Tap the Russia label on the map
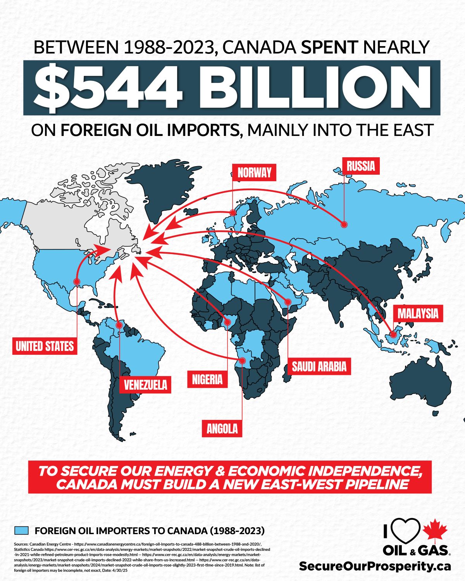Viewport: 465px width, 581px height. pos(361,166)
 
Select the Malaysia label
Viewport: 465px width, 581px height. pos(418,313)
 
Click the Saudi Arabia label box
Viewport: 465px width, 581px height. pos(319,366)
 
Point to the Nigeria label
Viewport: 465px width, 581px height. pos(207,379)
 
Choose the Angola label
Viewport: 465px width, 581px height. pos(222,429)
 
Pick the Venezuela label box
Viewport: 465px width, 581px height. pos(145,385)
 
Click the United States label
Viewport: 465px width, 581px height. pos(45,346)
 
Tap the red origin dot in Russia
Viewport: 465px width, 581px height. pos(344,224)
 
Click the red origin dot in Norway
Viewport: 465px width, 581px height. pos(232,212)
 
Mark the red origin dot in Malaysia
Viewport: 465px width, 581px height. pos(393,334)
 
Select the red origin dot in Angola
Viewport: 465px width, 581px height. pos(242,361)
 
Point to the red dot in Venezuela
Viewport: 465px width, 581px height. pos(119,325)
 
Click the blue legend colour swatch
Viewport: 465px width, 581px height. pos(21,530)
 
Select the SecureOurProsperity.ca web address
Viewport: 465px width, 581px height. pos(375,566)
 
